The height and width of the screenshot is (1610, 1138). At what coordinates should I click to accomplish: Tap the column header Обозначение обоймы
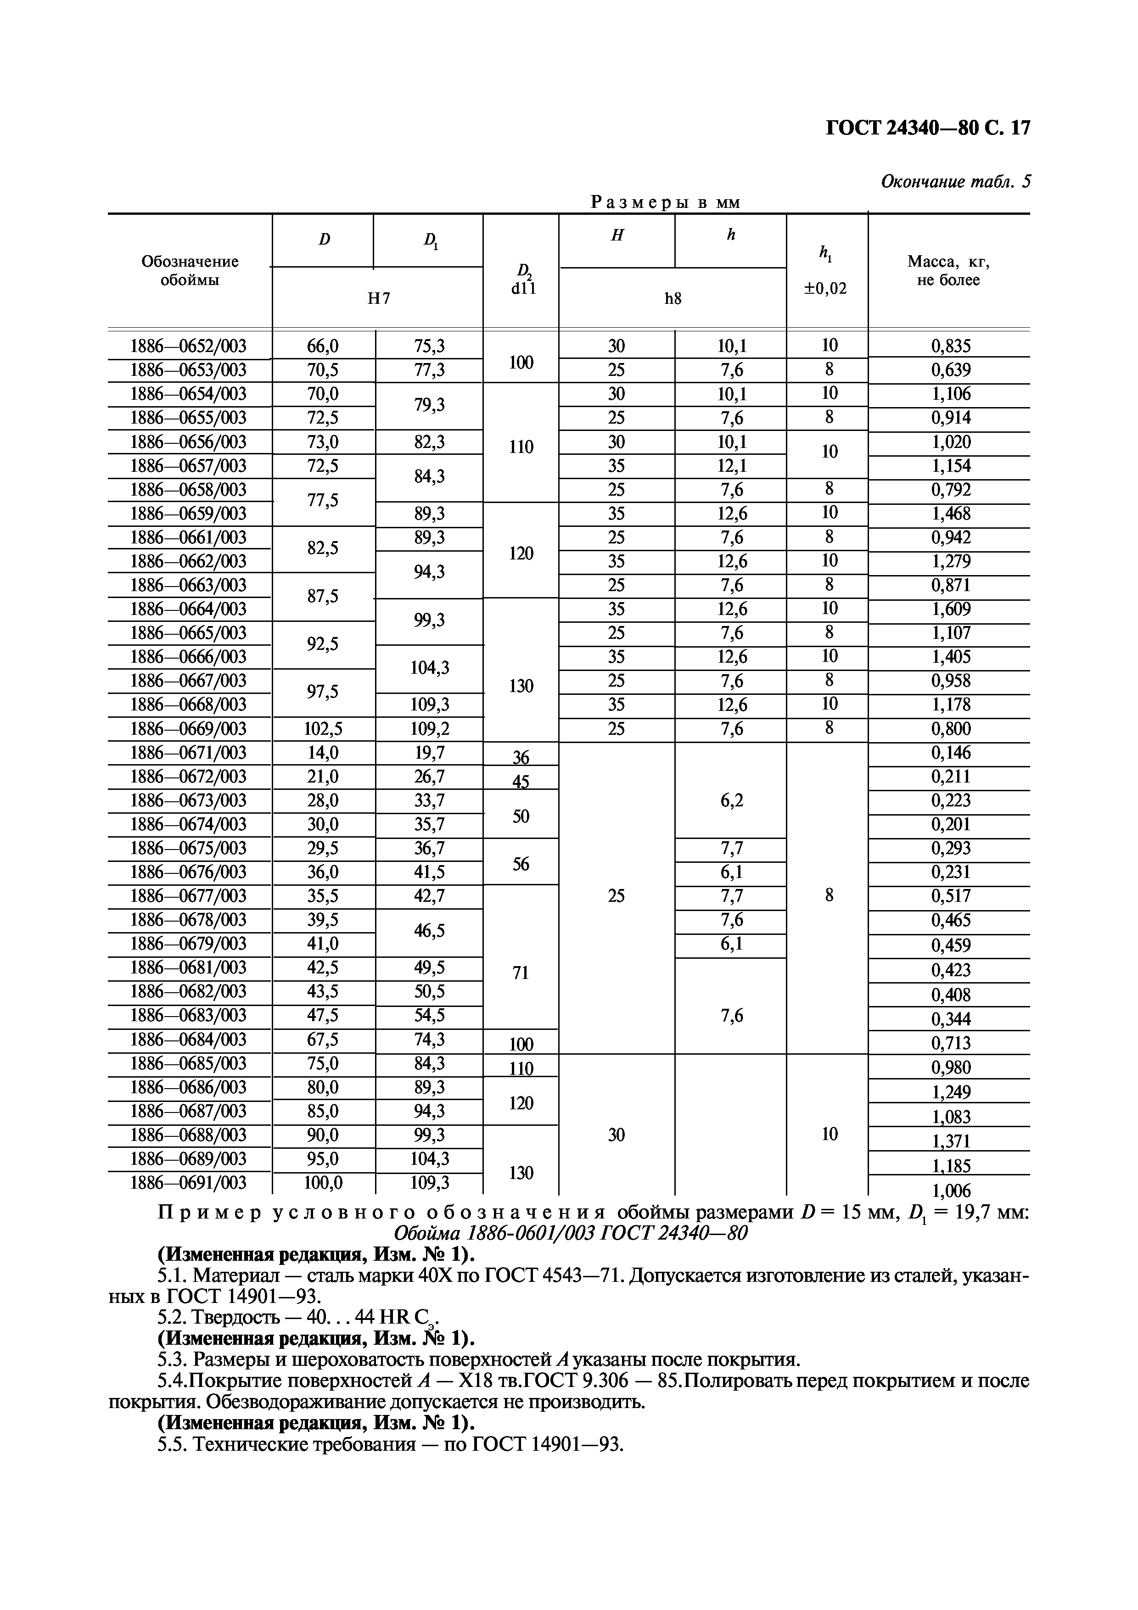click(189, 271)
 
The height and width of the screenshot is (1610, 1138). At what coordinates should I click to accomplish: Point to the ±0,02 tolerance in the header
click(825, 288)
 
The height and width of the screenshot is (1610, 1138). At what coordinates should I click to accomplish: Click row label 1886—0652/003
click(189, 346)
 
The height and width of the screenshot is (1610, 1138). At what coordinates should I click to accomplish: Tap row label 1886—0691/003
click(189, 1183)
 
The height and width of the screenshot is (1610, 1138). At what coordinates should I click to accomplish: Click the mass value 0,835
click(950, 346)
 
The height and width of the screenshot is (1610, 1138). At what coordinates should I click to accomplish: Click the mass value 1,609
click(950, 609)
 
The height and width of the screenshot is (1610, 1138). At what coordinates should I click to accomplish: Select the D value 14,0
click(323, 753)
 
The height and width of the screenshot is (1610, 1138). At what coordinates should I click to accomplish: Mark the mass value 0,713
click(950, 1043)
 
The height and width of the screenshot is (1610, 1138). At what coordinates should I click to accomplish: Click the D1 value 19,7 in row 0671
click(429, 753)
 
